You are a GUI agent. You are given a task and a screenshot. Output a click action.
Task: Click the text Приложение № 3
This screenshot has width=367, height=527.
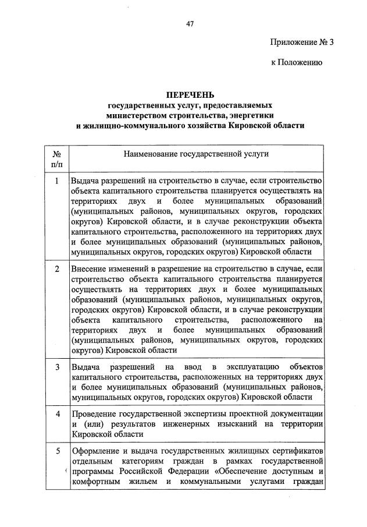pyautogui.click(x=303, y=42)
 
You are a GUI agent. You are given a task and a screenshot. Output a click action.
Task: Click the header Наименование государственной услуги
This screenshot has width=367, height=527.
pyautogui.click(x=195, y=155)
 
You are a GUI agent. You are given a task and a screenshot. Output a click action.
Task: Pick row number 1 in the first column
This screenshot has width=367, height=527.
pyautogui.click(x=57, y=181)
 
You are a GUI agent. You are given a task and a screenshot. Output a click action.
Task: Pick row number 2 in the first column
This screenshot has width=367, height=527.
pyautogui.click(x=57, y=269)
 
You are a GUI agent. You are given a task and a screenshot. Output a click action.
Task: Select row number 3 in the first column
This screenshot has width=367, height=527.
pyautogui.click(x=57, y=367)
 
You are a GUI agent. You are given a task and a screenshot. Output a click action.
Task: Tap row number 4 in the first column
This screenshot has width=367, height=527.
pyautogui.click(x=57, y=413)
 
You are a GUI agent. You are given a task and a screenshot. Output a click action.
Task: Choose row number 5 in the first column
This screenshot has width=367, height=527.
pyautogui.click(x=57, y=451)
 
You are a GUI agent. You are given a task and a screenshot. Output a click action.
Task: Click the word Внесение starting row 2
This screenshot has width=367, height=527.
pyautogui.click(x=90, y=269)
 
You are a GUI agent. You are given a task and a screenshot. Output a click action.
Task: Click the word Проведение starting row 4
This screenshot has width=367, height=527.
pyautogui.click(x=95, y=413)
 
